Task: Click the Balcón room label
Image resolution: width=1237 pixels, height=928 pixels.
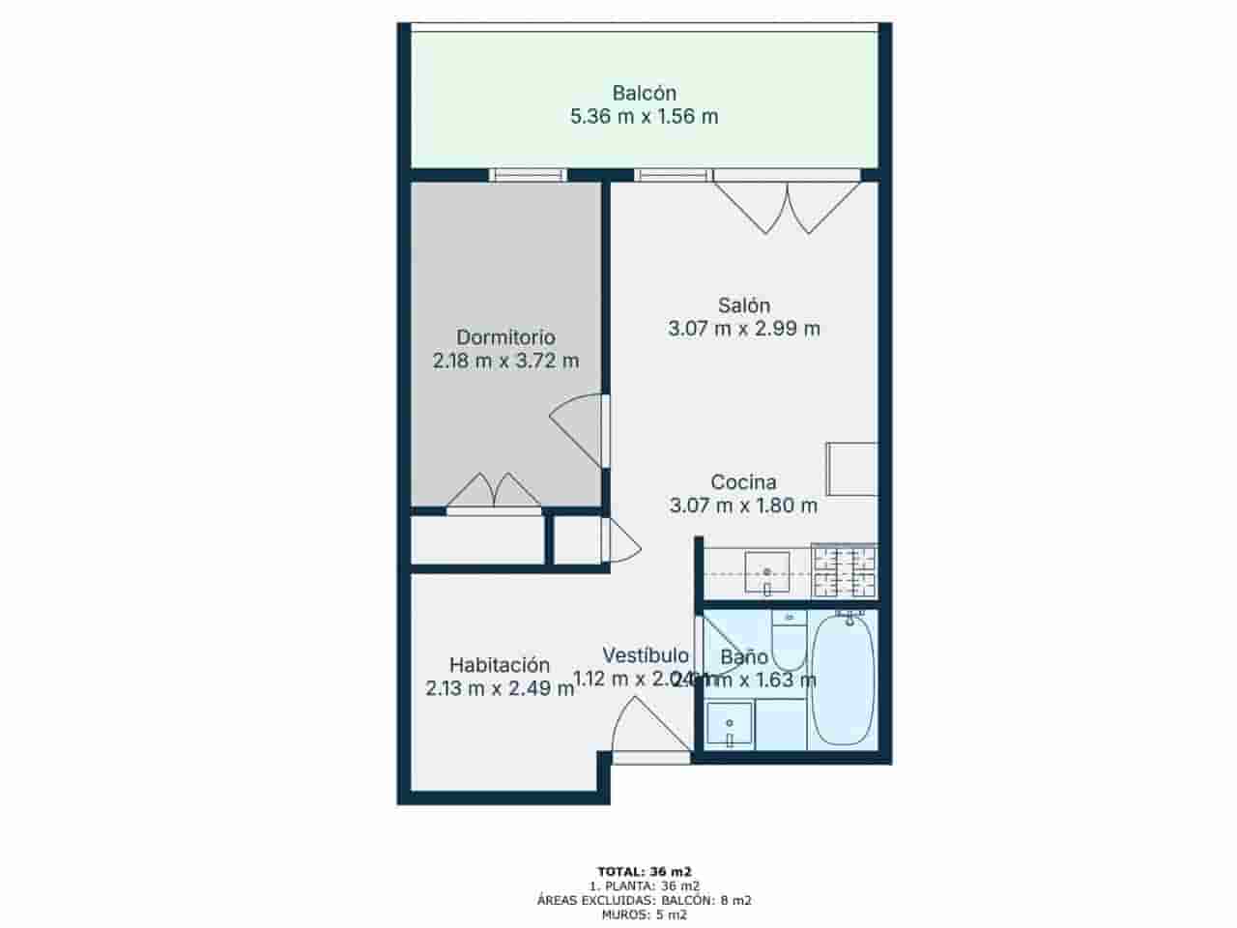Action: click(x=644, y=94)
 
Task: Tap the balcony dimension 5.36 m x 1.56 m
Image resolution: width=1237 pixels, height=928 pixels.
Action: click(x=644, y=117)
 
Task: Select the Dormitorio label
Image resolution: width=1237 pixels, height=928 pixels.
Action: click(x=505, y=337)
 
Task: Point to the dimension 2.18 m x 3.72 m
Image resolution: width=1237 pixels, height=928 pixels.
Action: click(x=505, y=362)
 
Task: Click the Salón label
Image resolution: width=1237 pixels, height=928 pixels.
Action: click(x=743, y=305)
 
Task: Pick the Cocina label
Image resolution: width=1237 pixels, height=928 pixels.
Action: click(x=743, y=481)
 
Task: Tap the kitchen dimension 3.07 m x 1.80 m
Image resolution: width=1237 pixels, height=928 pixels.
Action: click(x=743, y=505)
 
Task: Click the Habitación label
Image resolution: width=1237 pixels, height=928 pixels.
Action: click(x=500, y=665)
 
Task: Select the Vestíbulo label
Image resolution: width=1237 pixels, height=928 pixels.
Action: click(x=646, y=655)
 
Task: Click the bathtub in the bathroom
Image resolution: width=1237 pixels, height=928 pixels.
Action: click(x=843, y=681)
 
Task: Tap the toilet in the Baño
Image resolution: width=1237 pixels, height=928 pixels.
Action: click(x=789, y=642)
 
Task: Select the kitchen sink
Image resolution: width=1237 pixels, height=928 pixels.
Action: click(x=767, y=572)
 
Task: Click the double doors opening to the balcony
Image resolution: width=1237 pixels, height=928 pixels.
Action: click(x=788, y=205)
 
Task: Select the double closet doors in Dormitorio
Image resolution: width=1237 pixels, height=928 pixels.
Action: click(x=494, y=490)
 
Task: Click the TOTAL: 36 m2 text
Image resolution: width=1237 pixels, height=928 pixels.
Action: click(x=644, y=870)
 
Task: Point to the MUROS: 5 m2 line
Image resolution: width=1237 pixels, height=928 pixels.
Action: click(x=644, y=914)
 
